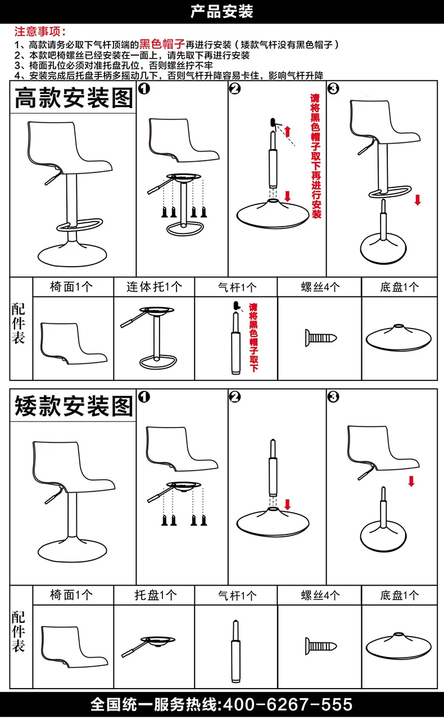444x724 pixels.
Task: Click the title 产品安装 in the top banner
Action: tap(221, 12)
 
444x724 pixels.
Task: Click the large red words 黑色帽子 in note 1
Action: tap(162, 44)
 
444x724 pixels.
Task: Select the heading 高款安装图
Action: tap(74, 98)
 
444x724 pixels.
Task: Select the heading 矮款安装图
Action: tap(74, 406)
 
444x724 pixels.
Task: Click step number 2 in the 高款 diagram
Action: tap(235, 88)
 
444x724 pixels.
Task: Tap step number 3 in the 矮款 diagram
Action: tap(333, 397)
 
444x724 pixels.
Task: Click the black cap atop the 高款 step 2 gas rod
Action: tap(273, 123)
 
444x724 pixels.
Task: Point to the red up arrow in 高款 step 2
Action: tap(287, 132)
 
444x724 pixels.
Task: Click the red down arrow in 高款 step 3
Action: tap(418, 200)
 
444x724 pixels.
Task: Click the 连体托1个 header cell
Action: tap(154, 287)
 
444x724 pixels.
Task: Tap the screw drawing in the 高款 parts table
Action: tap(321, 338)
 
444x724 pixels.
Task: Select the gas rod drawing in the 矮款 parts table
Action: tap(235, 651)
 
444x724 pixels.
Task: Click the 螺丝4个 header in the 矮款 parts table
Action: tap(320, 595)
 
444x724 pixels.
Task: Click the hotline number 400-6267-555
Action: tap(287, 705)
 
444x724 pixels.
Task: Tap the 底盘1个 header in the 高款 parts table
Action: tap(400, 287)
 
